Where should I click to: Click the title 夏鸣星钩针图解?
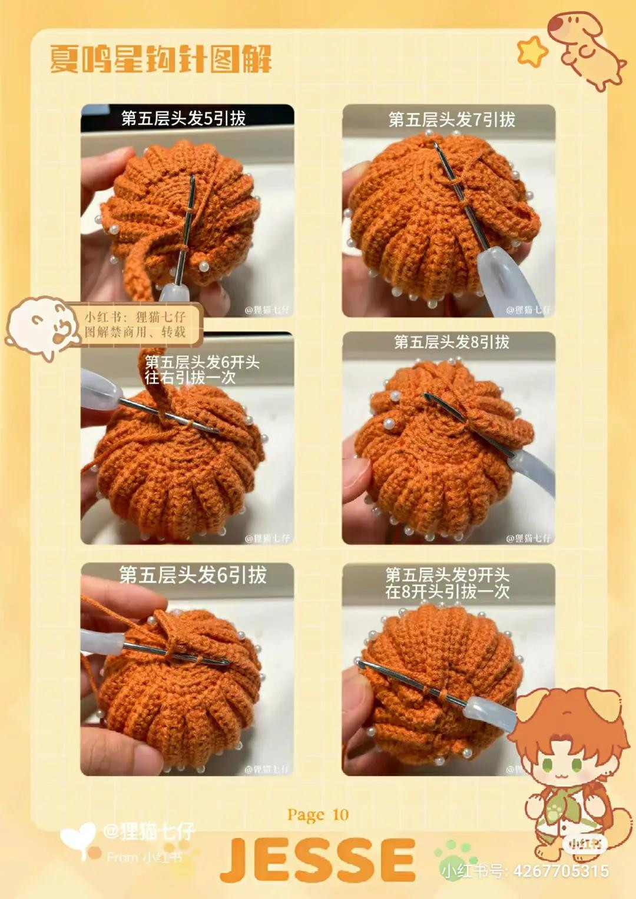160,59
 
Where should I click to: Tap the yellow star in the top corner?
531,51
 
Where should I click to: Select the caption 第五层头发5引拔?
183,118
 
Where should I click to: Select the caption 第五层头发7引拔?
452,120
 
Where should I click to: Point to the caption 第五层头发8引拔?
452,342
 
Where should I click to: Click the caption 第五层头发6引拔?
193,575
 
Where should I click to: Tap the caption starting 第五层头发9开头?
448,583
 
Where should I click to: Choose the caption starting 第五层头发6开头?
202,370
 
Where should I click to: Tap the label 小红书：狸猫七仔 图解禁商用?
135,324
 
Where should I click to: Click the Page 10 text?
318,815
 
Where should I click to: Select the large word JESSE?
318,860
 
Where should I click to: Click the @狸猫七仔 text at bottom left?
148,831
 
